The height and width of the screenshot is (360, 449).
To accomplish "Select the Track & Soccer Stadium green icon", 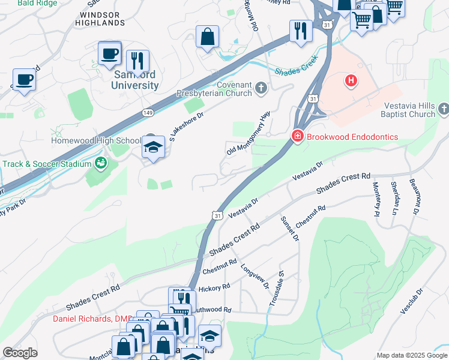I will point(101,163).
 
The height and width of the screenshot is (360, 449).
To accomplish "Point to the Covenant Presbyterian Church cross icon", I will point(261,89).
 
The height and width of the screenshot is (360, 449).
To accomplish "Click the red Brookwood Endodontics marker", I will point(297,137).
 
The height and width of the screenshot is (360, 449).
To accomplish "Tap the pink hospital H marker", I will point(351,80).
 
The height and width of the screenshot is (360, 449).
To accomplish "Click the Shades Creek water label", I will point(295,69).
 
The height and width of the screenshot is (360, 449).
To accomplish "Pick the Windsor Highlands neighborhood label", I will point(102,19).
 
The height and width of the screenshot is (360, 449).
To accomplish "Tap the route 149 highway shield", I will point(148,112).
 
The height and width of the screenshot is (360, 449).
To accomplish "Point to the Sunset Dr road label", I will point(289,228).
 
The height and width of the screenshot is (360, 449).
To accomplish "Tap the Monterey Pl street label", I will point(376,199).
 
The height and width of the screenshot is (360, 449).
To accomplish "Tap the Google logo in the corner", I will point(20,353).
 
